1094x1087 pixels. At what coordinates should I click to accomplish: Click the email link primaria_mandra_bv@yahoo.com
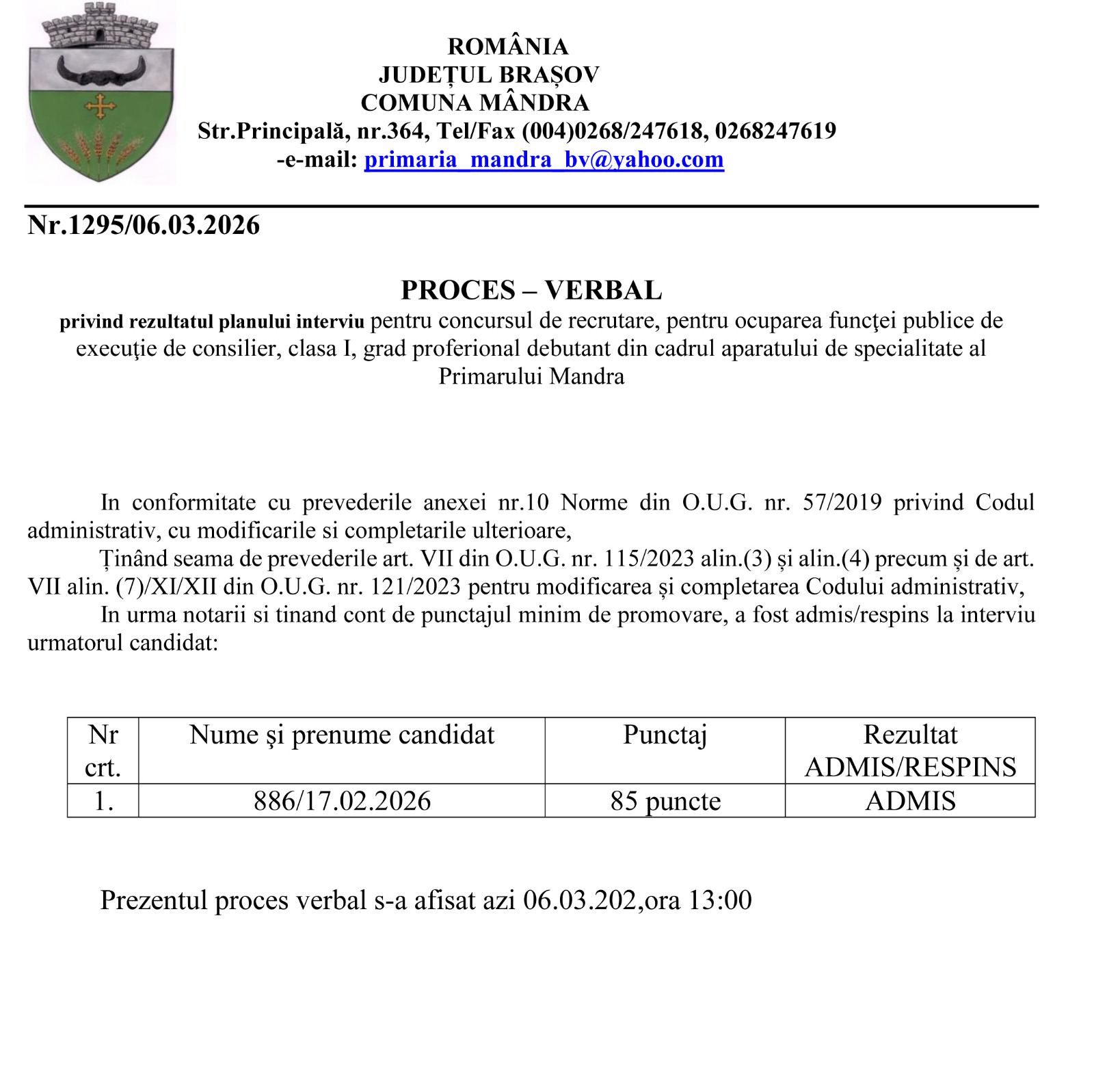point(544,159)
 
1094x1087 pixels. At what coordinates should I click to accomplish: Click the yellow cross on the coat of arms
point(100,107)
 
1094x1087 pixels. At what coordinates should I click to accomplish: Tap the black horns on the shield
point(101,70)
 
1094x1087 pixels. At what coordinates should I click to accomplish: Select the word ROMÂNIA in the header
point(507,47)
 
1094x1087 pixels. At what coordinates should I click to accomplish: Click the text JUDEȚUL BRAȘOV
point(489,75)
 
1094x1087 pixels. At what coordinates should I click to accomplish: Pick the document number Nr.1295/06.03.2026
point(144,225)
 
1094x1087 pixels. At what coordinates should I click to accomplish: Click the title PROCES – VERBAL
point(531,290)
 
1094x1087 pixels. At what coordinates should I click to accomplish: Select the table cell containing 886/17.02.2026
point(342,800)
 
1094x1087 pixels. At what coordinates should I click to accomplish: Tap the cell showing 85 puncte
point(665,800)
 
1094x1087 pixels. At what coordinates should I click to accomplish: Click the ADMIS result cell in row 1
point(910,800)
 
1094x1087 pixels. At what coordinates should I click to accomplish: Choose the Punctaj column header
point(665,735)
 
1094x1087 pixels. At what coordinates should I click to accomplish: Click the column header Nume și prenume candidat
point(342,735)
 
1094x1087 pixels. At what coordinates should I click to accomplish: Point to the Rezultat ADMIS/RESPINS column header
point(910,750)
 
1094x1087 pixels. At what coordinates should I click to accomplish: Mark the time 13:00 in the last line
point(720,900)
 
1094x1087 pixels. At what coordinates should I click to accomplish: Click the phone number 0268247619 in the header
point(775,131)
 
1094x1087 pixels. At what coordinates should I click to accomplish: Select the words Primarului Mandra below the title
point(531,377)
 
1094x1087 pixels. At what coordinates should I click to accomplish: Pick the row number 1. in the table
point(103,800)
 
